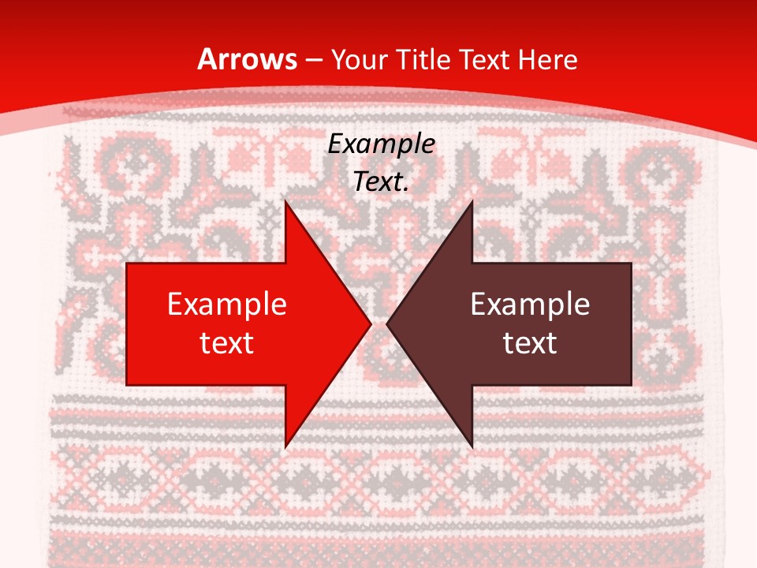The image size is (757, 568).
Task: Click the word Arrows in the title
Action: click(x=248, y=59)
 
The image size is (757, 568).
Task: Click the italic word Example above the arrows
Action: click(x=382, y=144)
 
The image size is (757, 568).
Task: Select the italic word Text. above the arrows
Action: click(x=382, y=182)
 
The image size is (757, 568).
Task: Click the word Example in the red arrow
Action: click(x=227, y=305)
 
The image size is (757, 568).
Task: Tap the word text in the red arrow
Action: click(x=227, y=342)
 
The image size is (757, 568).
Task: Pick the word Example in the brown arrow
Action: click(x=530, y=305)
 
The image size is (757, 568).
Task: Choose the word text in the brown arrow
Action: click(x=530, y=342)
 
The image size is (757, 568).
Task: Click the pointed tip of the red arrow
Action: click(x=371, y=323)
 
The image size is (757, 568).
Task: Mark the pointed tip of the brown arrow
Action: click(x=387, y=323)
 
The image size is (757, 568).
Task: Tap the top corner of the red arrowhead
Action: click(x=285, y=200)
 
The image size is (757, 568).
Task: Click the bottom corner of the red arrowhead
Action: click(x=285, y=447)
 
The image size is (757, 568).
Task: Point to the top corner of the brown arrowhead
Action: click(x=472, y=200)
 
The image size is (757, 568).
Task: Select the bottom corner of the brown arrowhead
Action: click(x=472, y=447)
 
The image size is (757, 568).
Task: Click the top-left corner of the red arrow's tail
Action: click(x=127, y=263)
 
